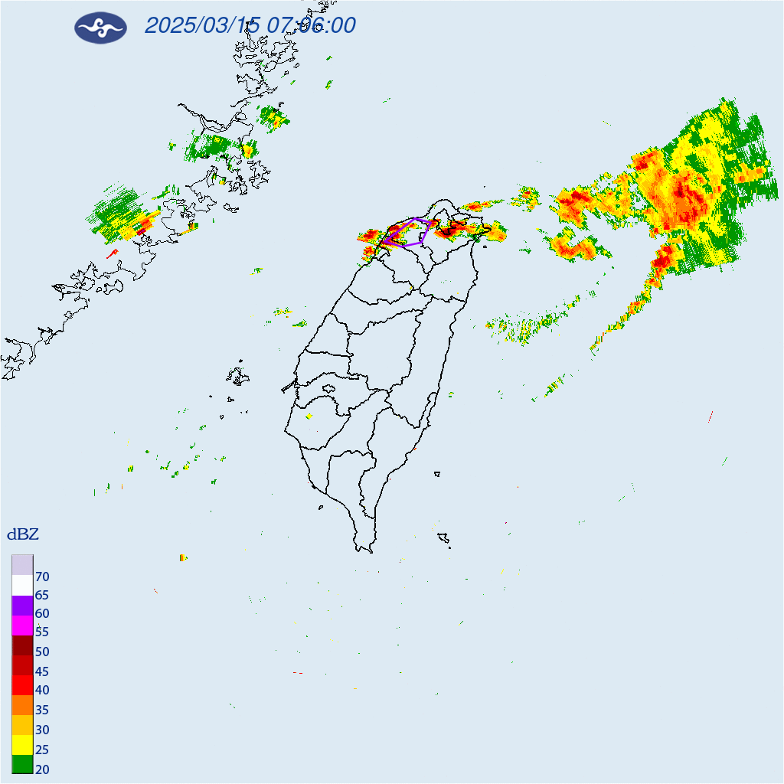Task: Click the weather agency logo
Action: pyautogui.click(x=100, y=28)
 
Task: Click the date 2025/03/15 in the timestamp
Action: pyautogui.click(x=201, y=25)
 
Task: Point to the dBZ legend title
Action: pyautogui.click(x=23, y=534)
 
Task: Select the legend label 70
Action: pyautogui.click(x=42, y=577)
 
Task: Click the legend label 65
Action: pyautogui.click(x=42, y=595)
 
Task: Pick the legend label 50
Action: pyautogui.click(x=42, y=652)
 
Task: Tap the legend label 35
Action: pyautogui.click(x=42, y=710)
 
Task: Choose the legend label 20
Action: pyautogui.click(x=42, y=769)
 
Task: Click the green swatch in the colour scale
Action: pyautogui.click(x=22, y=763)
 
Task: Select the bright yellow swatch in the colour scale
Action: pyautogui.click(x=22, y=743)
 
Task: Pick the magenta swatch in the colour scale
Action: pyautogui.click(x=22, y=626)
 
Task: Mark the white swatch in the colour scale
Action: pyautogui.click(x=22, y=585)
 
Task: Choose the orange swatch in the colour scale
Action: pyautogui.click(x=22, y=704)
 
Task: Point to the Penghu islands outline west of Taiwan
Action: pyautogui.click(x=238, y=376)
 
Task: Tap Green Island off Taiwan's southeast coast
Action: pyautogui.click(x=436, y=474)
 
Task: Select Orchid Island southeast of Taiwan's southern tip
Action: pyautogui.click(x=443, y=539)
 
